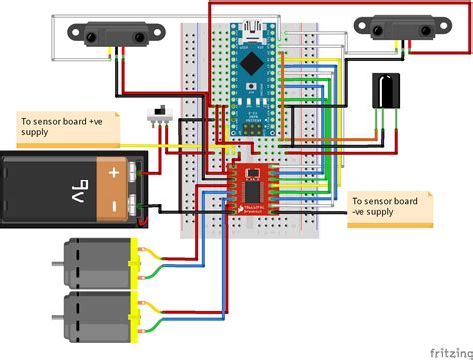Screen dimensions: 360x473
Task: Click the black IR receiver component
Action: (x=384, y=92)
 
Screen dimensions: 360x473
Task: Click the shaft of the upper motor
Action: (x=57, y=263)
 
